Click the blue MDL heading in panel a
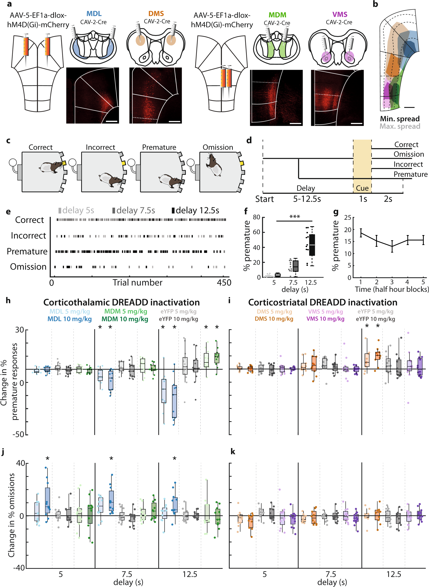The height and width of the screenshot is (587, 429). point(94,14)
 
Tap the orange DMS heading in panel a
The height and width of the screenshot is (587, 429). point(156,14)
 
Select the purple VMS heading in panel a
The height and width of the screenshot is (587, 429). point(340,14)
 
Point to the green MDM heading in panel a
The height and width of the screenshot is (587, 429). point(277,15)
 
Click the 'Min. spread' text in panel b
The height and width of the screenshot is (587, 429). point(400,119)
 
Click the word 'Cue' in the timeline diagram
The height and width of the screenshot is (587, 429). point(362,188)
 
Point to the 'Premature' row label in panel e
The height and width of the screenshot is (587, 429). point(27,251)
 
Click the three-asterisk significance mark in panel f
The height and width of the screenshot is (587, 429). point(294,217)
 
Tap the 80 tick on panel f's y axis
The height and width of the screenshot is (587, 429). point(257,217)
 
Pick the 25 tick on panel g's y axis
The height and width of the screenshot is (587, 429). point(348,218)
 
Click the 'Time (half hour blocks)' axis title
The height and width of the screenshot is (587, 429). point(392,289)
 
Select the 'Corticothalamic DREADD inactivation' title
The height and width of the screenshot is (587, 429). point(121,302)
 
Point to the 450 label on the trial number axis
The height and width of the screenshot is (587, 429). point(224,283)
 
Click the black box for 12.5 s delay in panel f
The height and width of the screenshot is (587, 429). point(312,245)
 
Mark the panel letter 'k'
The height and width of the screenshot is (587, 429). point(233,452)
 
